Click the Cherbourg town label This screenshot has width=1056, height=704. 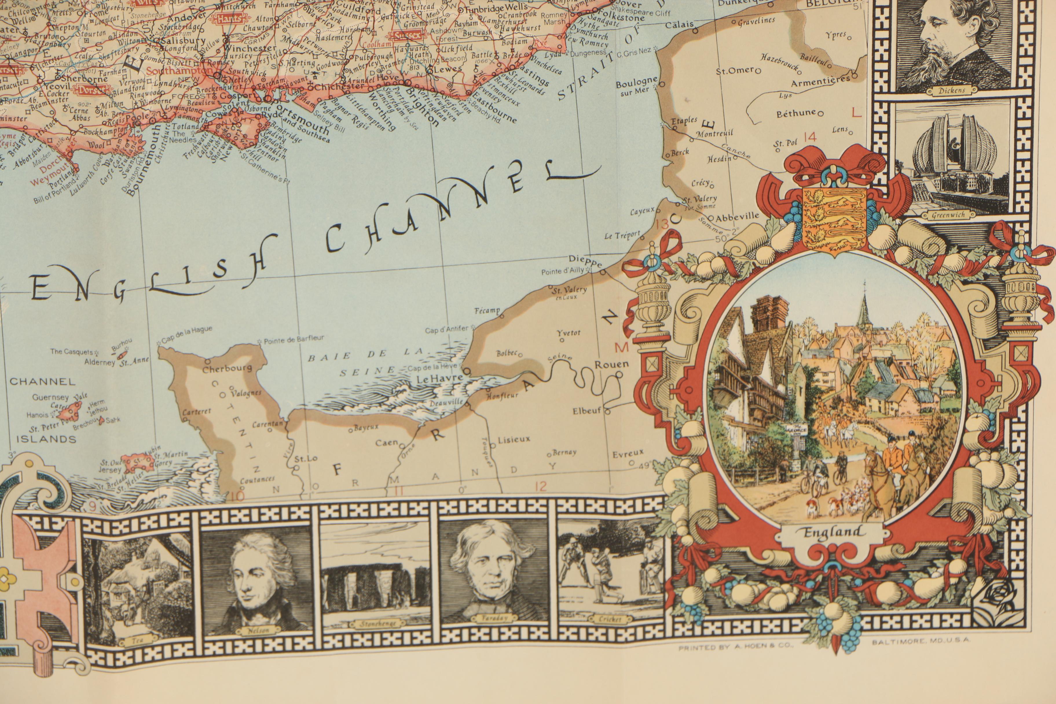click(227, 369)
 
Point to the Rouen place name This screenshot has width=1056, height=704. click(611, 364)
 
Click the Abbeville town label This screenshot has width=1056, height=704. click(737, 217)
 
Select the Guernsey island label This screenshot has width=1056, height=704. click(50, 397)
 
